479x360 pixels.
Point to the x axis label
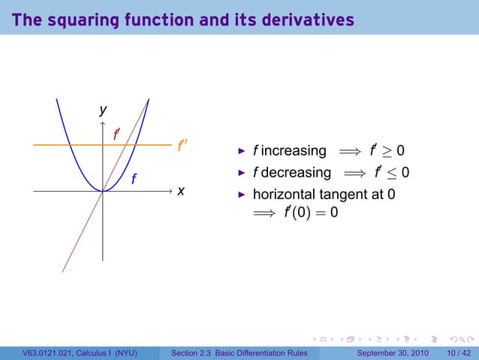(x=180, y=191)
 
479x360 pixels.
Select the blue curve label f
(x=134, y=179)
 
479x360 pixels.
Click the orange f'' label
(x=181, y=146)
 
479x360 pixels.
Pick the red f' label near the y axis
(x=116, y=135)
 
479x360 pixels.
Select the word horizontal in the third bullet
(x=289, y=195)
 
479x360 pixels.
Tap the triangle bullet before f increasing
(x=242, y=151)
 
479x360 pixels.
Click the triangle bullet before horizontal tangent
(x=242, y=195)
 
